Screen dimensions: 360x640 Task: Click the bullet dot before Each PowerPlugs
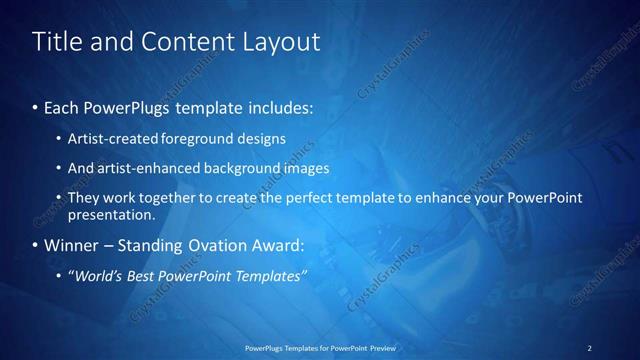pyautogui.click(x=36, y=106)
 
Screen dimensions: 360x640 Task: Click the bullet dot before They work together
pyautogui.click(x=59, y=198)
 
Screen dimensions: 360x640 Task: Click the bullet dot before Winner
pyautogui.click(x=36, y=245)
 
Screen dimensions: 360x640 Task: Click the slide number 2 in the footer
pyautogui.click(x=589, y=348)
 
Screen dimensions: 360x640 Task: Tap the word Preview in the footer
pyautogui.click(x=382, y=348)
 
